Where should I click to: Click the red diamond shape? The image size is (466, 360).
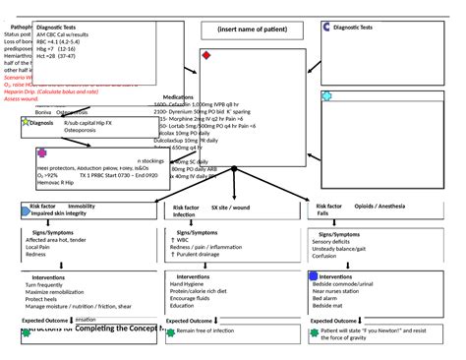205,56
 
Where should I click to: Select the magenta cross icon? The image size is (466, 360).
41,153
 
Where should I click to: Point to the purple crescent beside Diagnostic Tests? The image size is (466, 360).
325,27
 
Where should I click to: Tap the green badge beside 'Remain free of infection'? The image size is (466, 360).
169,333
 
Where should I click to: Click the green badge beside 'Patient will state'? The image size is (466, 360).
314,333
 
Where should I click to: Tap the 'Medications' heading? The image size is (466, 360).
177,97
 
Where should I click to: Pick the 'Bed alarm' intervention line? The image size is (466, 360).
333,299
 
